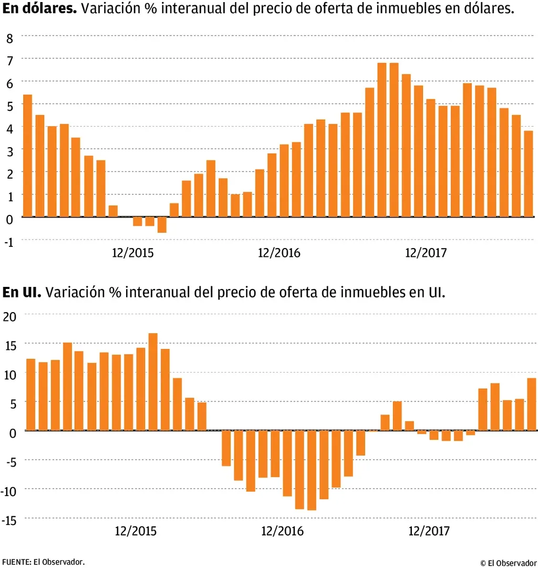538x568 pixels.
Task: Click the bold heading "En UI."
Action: click(x=22, y=293)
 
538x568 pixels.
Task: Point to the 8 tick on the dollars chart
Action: click(x=9, y=38)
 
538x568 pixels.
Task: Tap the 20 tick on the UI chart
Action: click(x=10, y=316)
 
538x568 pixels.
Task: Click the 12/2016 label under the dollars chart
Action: click(x=279, y=253)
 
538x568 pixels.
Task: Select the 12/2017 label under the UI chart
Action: click(x=429, y=531)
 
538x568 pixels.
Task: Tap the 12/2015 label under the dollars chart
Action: click(x=133, y=253)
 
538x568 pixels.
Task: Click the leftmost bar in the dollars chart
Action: click(x=28, y=156)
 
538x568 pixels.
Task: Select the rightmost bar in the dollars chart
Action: click(x=529, y=173)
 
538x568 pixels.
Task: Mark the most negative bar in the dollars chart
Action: click(x=162, y=224)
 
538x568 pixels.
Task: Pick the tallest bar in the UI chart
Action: click(x=153, y=382)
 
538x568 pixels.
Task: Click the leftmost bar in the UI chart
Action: click(x=30, y=395)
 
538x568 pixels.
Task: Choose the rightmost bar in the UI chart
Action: click(x=531, y=404)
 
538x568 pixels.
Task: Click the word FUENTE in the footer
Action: click(x=15, y=561)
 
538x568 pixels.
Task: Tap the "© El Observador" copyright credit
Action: click(x=509, y=563)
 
